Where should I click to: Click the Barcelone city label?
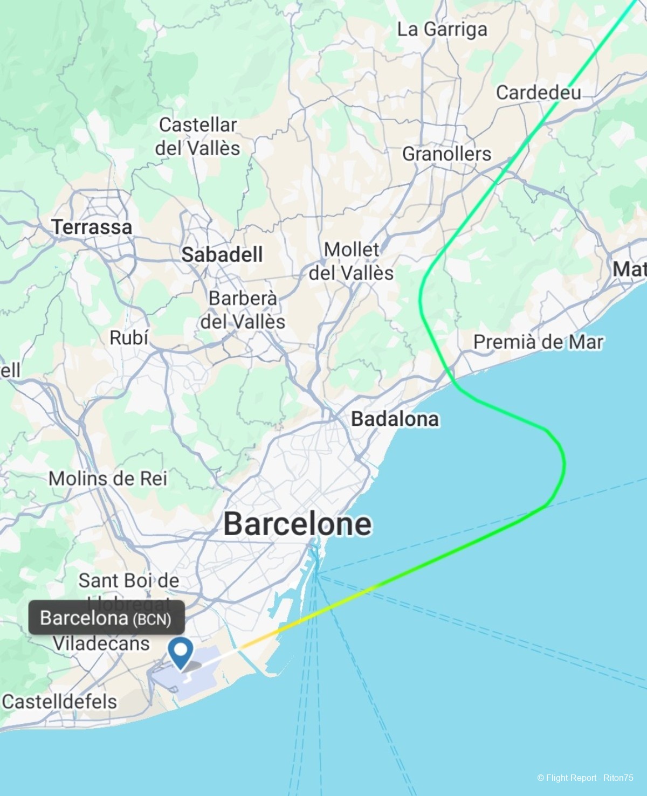point(297,524)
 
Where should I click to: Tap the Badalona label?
point(395,419)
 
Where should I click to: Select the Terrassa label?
point(92,227)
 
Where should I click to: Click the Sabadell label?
point(222,254)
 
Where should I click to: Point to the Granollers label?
point(446,154)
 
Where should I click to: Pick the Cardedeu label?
point(538,93)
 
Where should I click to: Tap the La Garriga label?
point(442,29)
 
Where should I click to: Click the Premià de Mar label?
point(538,342)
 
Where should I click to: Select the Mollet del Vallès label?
point(351,261)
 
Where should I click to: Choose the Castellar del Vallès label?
point(198,136)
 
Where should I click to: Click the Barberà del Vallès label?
point(243,310)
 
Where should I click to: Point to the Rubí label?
point(129,338)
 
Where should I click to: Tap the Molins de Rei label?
point(108,479)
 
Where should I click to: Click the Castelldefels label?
point(59,702)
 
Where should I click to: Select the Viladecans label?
point(101,643)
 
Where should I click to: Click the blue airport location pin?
point(180,652)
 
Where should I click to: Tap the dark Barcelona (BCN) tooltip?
point(106,618)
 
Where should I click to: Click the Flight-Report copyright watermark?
point(585,778)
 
